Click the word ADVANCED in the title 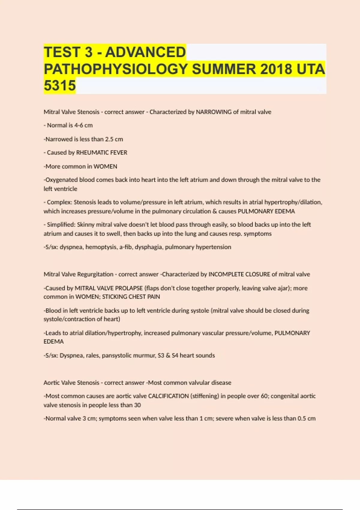145,52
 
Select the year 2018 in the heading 276,69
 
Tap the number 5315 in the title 60,85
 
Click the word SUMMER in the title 224,69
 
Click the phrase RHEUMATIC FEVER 102,152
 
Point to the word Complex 59,202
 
